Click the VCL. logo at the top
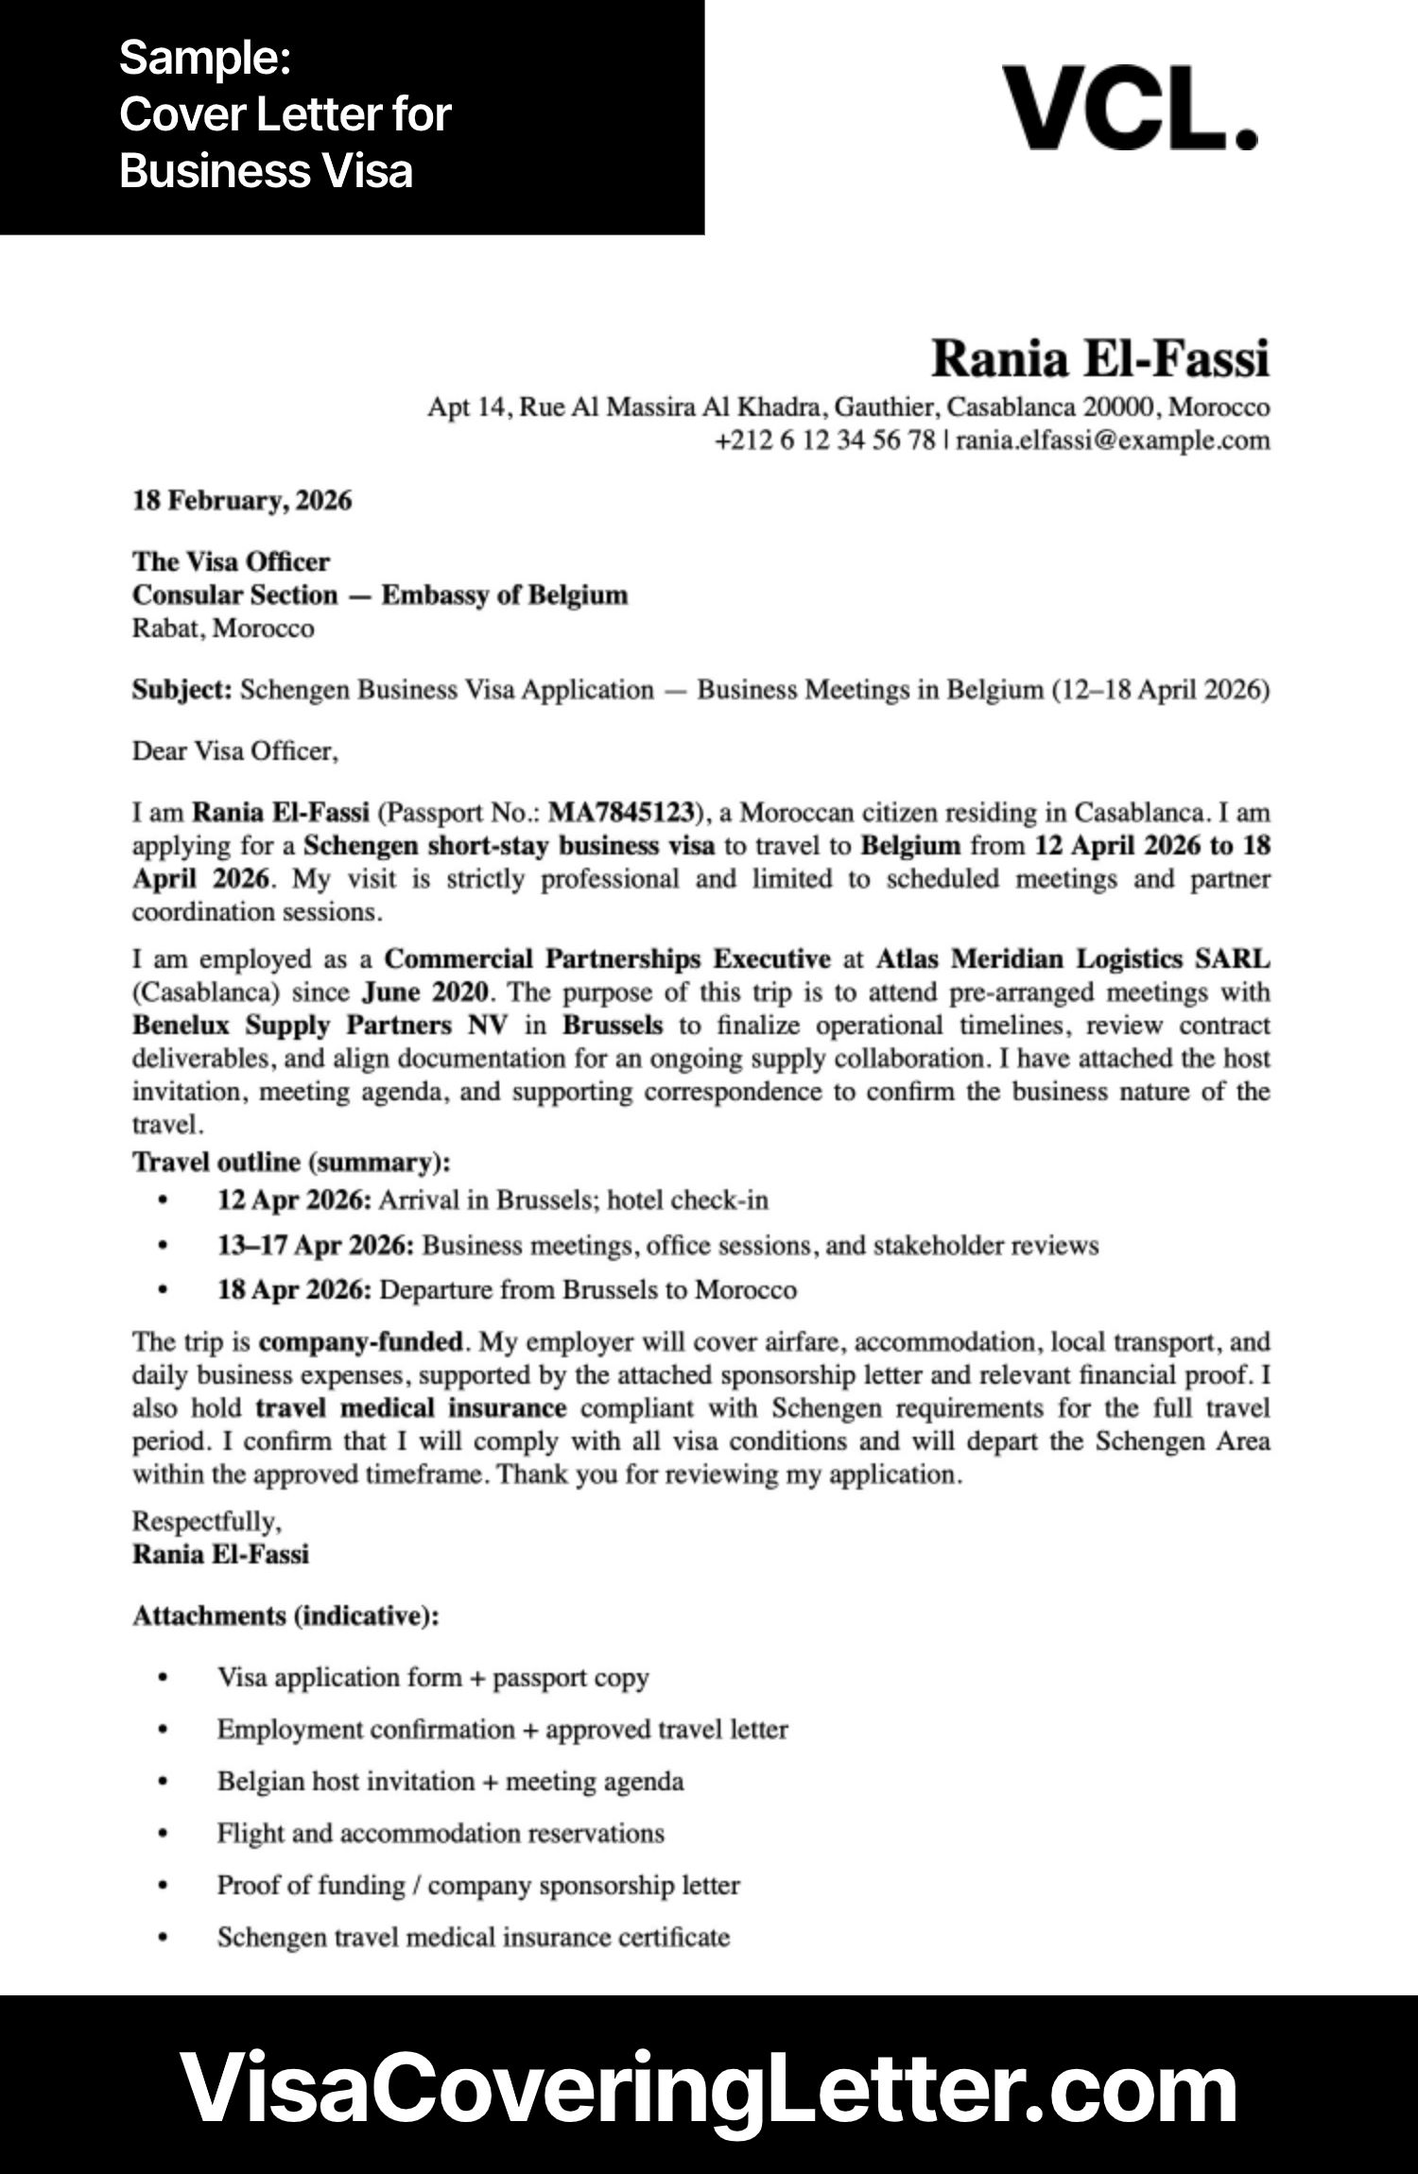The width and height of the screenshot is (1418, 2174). tap(1129, 108)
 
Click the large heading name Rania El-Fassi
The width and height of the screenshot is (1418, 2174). tap(1099, 359)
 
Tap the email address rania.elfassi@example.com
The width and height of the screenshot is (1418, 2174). tap(1113, 440)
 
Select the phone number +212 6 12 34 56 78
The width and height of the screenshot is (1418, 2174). tap(824, 440)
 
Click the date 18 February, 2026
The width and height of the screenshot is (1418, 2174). tap(242, 500)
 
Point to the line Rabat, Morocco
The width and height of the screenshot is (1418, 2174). tap(223, 629)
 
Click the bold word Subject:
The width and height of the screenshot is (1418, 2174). tap(182, 690)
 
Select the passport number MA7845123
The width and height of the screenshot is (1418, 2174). tap(622, 813)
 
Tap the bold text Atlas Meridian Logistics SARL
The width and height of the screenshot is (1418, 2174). tap(1072, 959)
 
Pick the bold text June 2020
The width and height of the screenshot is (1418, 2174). tap(425, 992)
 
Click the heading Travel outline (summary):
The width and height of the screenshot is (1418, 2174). tap(291, 1162)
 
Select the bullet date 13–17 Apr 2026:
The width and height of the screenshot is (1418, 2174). tap(316, 1246)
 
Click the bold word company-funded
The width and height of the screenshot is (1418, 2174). tap(361, 1342)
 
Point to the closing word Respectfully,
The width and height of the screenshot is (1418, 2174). tap(207, 1522)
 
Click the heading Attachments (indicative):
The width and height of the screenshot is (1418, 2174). tap(285, 1616)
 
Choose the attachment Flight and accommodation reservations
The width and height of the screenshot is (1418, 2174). tap(441, 1834)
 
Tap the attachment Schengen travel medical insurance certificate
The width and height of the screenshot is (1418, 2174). tap(474, 1938)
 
